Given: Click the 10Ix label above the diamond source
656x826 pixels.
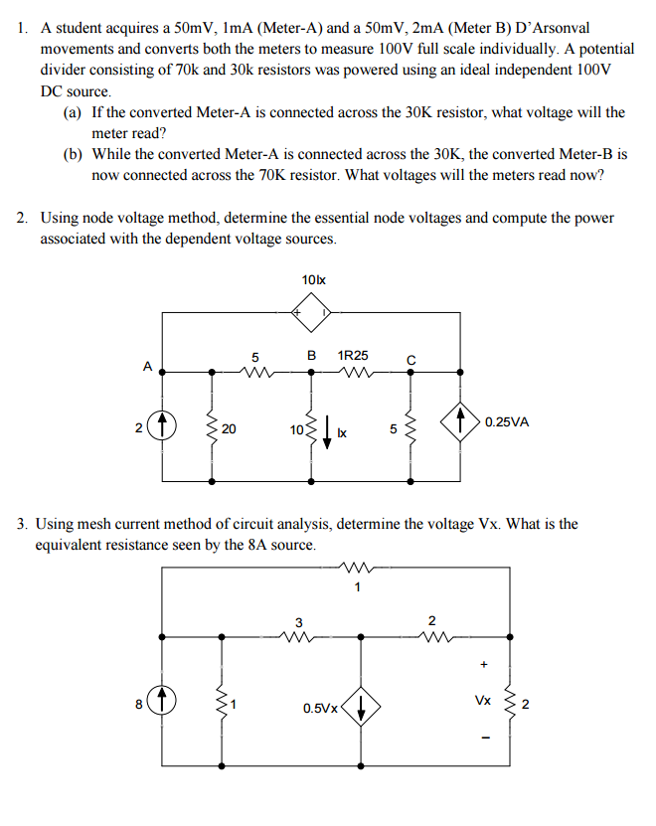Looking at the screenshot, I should pyautogui.click(x=312, y=281).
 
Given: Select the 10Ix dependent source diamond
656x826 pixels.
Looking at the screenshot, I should pyautogui.click(x=312, y=316).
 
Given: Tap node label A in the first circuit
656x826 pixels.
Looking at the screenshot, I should pyautogui.click(x=147, y=366).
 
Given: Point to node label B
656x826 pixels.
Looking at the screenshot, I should pyautogui.click(x=311, y=355).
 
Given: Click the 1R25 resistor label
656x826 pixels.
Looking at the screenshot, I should pyautogui.click(x=353, y=355).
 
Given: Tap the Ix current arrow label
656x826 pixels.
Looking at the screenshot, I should pyautogui.click(x=342, y=433).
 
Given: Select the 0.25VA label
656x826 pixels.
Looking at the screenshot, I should pyautogui.click(x=507, y=421).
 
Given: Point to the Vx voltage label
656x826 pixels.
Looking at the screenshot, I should pyautogui.click(x=482, y=700).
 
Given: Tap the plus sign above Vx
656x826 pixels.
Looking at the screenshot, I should pyautogui.click(x=484, y=663).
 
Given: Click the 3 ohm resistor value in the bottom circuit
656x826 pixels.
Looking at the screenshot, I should pyautogui.click(x=298, y=622).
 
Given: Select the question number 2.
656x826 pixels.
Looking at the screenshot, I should pyautogui.click(x=22, y=218).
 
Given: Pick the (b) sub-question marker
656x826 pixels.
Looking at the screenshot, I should pyautogui.click(x=73, y=155).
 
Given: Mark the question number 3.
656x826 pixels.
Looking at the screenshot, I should pyautogui.click(x=22, y=524).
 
